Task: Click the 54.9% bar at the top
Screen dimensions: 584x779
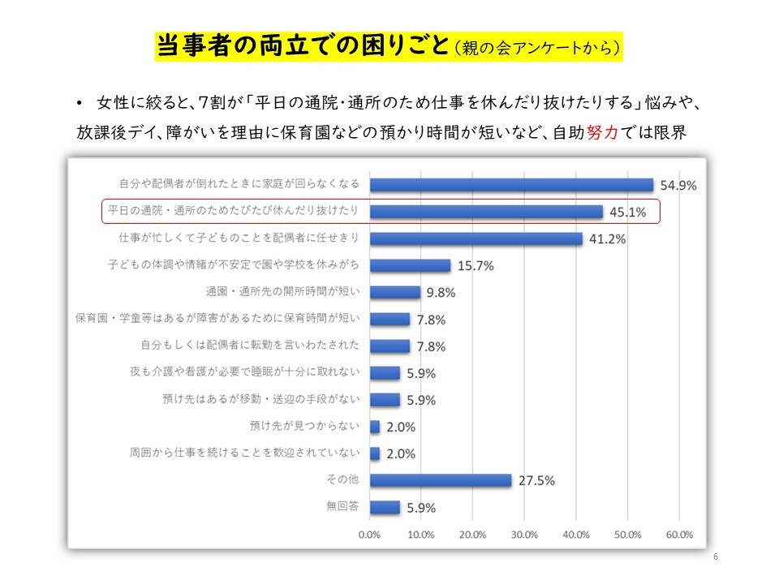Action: coord(511,185)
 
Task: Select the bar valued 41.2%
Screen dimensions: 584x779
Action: coord(476,238)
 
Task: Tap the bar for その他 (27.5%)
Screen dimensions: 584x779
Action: coord(440,480)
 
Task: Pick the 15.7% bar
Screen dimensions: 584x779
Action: coord(410,265)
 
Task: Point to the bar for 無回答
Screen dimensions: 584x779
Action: coord(385,507)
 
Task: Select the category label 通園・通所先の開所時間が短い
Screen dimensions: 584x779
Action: coord(283,292)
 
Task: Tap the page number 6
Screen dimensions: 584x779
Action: coord(715,557)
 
